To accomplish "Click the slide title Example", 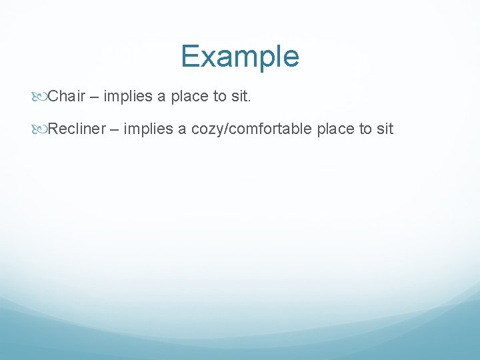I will point(240,57).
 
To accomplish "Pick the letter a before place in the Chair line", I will point(161,97).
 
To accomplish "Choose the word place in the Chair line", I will point(189,97).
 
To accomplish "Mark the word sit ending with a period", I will point(241,97).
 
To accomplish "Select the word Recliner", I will point(77,129).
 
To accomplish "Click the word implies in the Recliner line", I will point(148,129).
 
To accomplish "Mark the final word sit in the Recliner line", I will point(385,129).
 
